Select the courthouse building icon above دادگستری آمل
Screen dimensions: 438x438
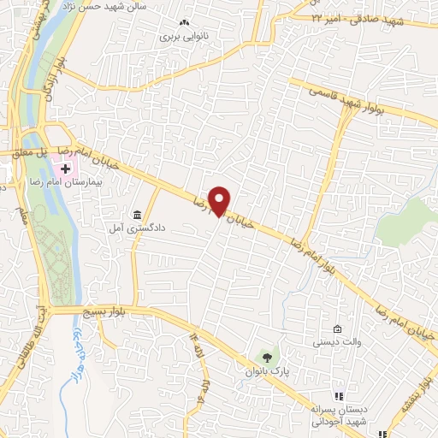tap(137, 214)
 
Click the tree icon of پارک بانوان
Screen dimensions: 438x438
tap(267, 357)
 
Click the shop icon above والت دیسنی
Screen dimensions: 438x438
tap(337, 329)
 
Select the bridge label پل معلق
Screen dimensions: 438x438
tap(28, 152)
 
